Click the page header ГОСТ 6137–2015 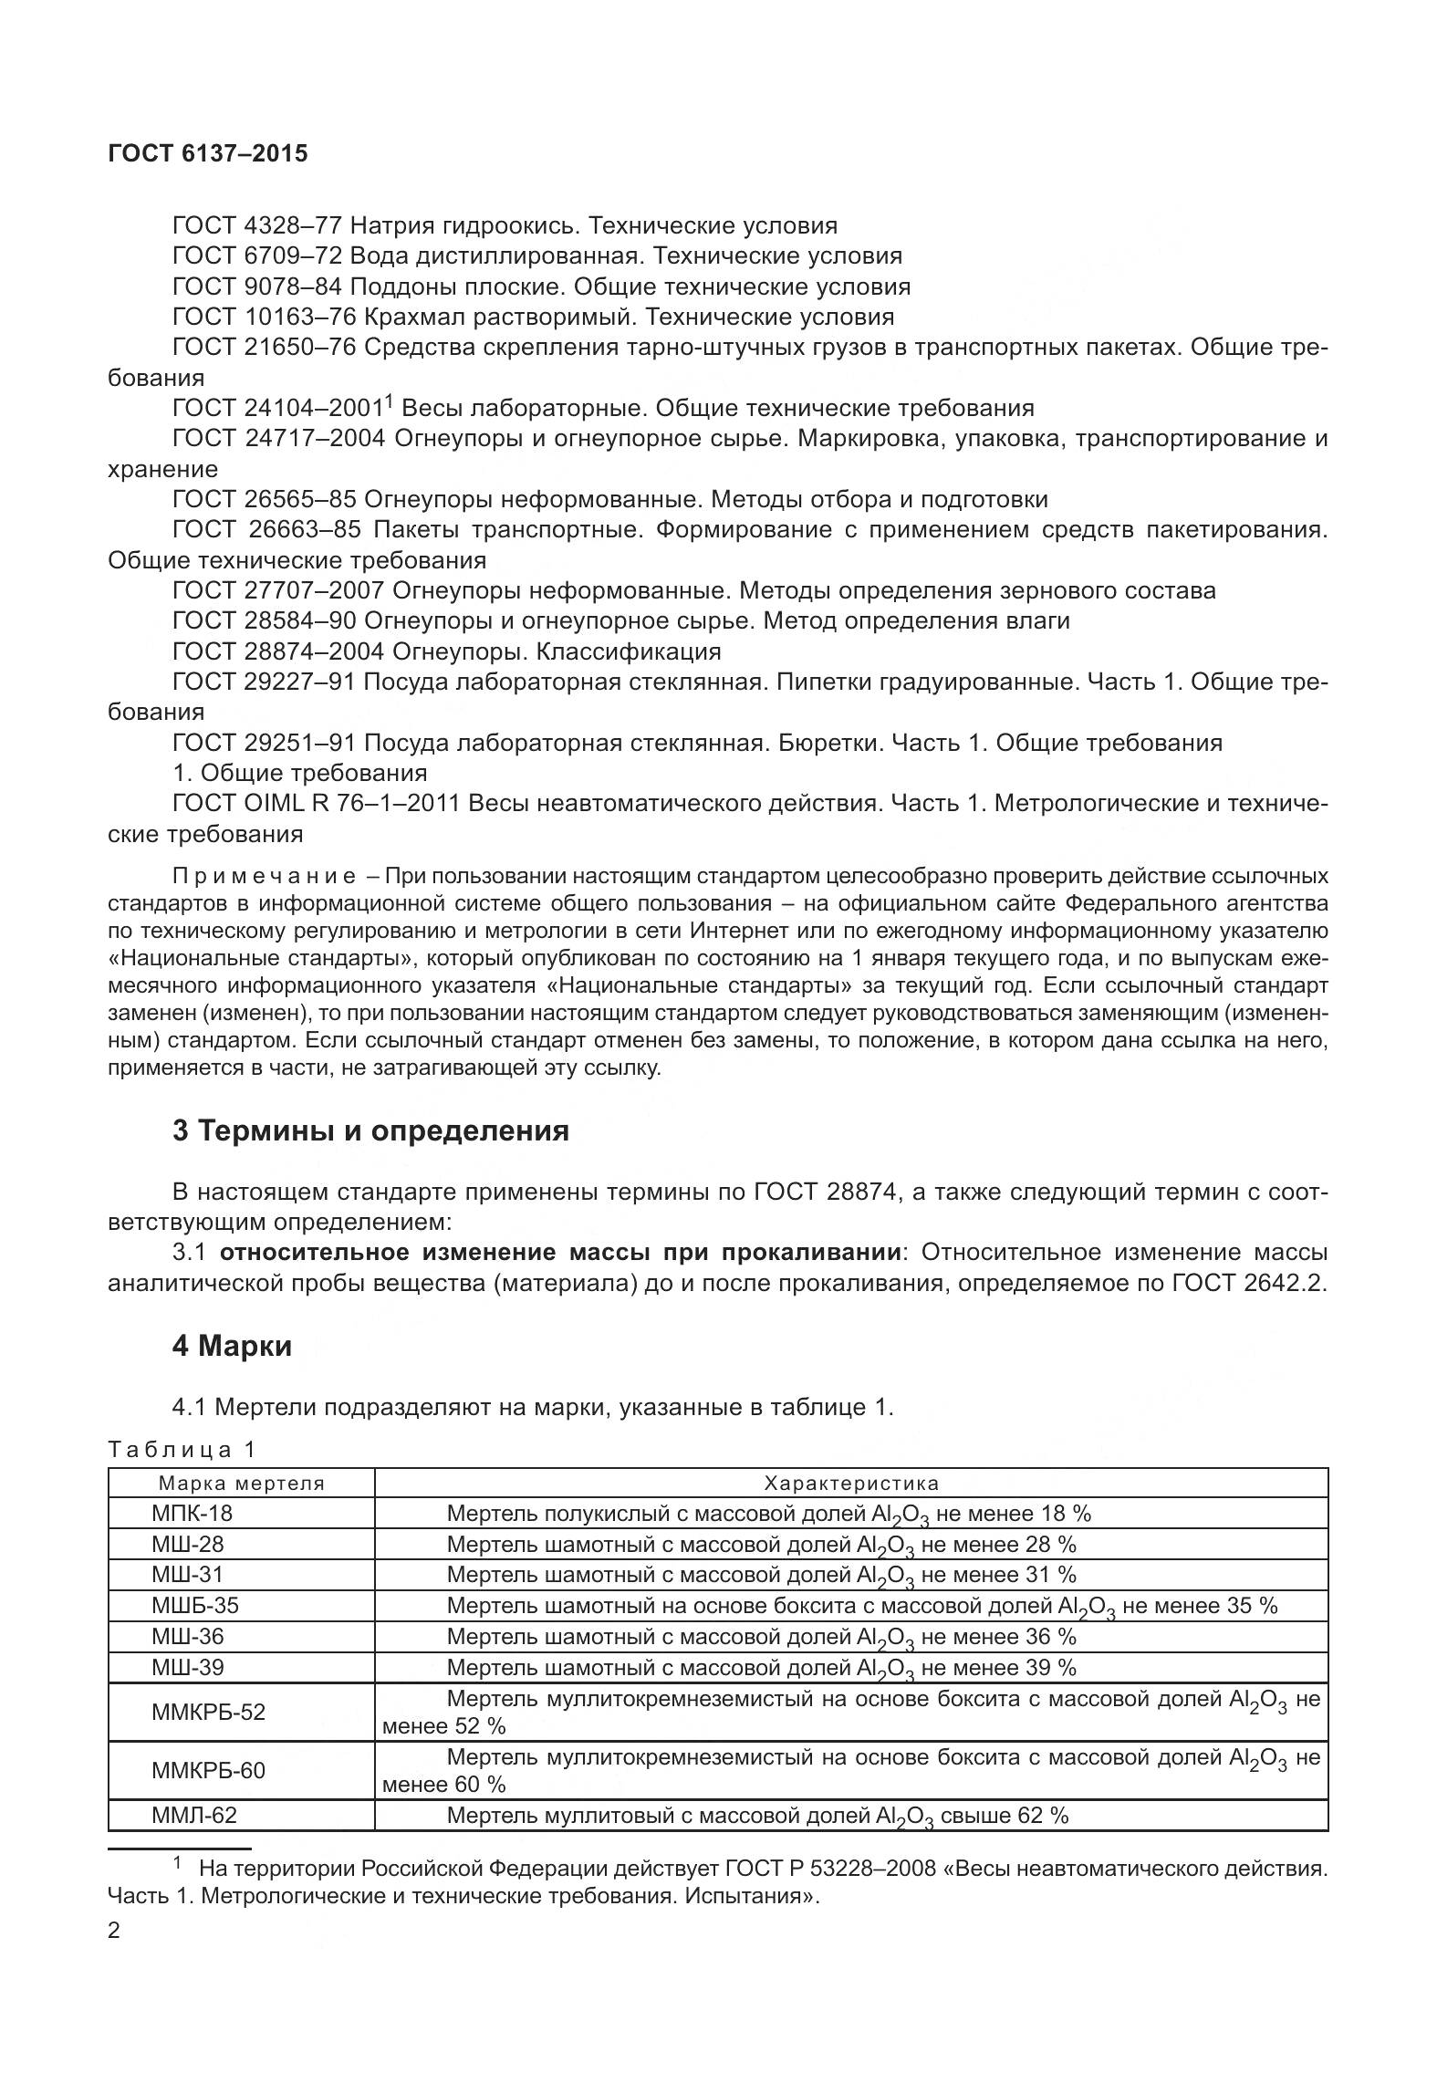point(207,153)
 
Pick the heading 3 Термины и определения point(370,1131)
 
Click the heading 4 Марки point(232,1346)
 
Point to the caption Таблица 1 point(182,1449)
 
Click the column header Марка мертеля point(242,1483)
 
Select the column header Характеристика point(850,1483)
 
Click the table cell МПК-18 point(192,1514)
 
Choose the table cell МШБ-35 point(195,1605)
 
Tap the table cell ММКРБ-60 point(208,1771)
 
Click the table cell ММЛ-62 point(193,1816)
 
